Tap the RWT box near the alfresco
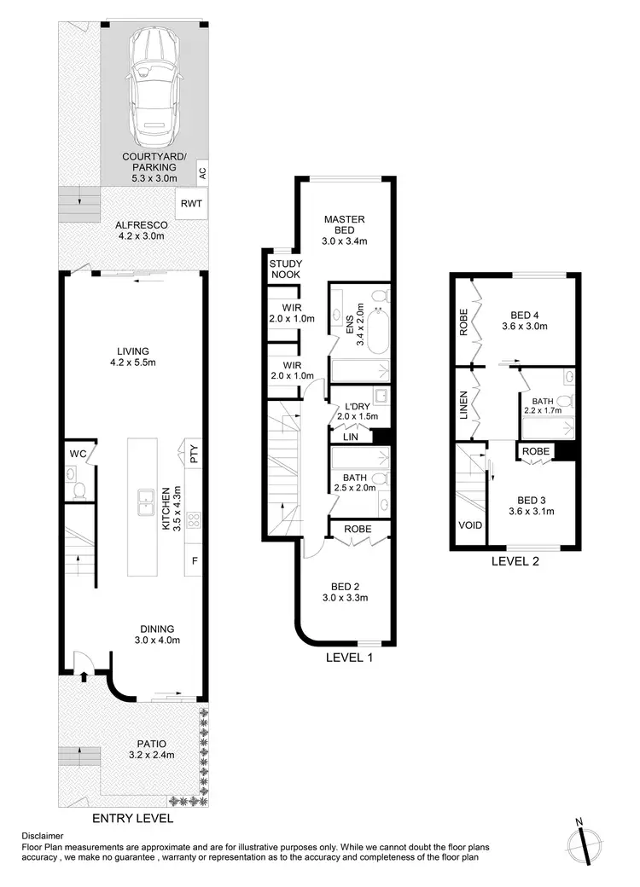click(x=189, y=204)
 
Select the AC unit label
click(x=202, y=171)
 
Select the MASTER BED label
click(x=344, y=225)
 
